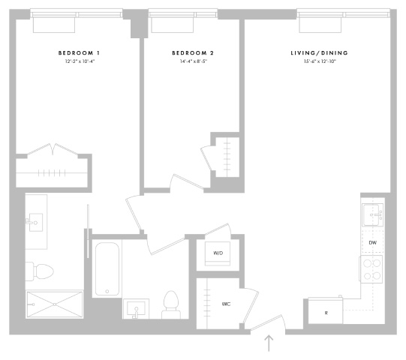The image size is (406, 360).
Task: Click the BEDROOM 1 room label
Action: click(x=79, y=53)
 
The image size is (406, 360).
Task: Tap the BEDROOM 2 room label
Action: click(x=193, y=53)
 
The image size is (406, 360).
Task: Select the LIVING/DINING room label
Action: click(x=319, y=53)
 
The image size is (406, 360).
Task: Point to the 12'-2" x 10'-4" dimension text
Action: click(x=80, y=61)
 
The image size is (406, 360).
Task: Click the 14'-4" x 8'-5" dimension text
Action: click(x=194, y=61)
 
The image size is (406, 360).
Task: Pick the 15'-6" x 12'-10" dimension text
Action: click(x=320, y=61)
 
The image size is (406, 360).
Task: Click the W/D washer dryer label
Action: click(x=218, y=253)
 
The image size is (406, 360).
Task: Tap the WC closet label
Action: click(x=226, y=304)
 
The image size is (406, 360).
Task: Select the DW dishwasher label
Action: click(x=372, y=243)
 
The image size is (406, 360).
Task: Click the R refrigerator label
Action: click(x=326, y=313)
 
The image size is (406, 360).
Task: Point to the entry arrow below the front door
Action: click(x=269, y=343)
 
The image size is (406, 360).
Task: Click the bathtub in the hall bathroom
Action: click(x=107, y=269)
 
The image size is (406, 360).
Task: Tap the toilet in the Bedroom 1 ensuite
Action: click(x=40, y=271)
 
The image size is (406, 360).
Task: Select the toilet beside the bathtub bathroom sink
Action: click(x=171, y=304)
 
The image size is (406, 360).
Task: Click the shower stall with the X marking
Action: click(x=54, y=304)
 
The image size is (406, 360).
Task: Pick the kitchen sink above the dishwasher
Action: click(x=372, y=215)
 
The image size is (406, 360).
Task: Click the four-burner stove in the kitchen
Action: click(x=371, y=269)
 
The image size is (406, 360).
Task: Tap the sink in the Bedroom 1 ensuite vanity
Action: click(x=35, y=223)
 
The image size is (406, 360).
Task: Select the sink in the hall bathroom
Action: click(x=136, y=309)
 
